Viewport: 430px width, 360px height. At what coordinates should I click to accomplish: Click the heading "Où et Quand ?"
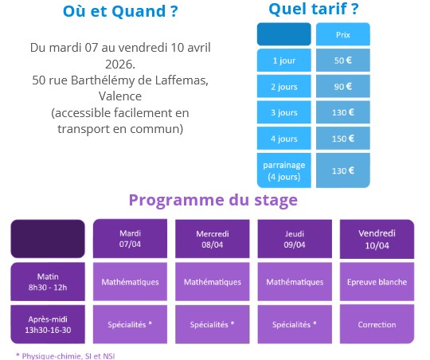[x=120, y=13]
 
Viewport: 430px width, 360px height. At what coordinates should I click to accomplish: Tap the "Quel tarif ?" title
[x=313, y=10]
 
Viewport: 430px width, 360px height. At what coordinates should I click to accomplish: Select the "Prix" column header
[x=342, y=35]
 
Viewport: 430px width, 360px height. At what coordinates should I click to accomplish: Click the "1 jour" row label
[x=283, y=61]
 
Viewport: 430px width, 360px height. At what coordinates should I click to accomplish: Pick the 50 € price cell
[x=342, y=61]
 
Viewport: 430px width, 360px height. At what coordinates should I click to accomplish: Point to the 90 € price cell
[x=342, y=87]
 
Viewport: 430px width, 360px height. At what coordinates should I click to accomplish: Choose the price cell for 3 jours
[x=342, y=113]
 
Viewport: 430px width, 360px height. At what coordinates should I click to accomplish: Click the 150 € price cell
[x=342, y=139]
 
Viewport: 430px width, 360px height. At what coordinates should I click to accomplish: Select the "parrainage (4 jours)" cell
[x=283, y=170]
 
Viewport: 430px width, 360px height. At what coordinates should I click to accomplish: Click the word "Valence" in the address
[x=120, y=96]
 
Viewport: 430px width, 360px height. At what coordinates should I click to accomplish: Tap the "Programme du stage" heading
[x=213, y=200]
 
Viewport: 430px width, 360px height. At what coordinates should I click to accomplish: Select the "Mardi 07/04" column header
[x=130, y=239]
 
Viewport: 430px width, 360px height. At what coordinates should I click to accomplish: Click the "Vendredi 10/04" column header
[x=377, y=239]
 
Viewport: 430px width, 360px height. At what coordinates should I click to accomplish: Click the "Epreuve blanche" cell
[x=377, y=282]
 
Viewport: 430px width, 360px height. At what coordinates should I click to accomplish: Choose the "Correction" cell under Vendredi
[x=377, y=324]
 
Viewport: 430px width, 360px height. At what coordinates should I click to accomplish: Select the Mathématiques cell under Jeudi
[x=295, y=282]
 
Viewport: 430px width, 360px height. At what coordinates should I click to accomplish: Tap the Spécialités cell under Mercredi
[x=212, y=324]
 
